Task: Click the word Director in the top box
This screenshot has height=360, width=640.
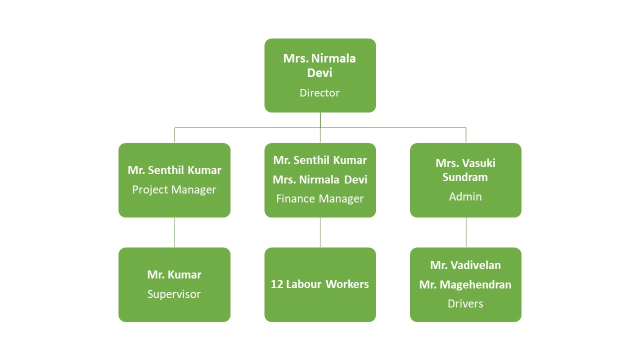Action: pos(319,93)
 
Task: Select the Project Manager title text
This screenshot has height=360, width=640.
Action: pos(174,190)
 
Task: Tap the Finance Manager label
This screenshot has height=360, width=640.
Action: pos(320,199)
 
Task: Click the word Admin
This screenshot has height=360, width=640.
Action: pos(465,196)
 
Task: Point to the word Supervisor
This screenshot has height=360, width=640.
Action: pos(174,294)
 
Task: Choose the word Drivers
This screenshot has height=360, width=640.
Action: pos(465,303)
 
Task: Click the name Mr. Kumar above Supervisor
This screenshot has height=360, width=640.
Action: pos(174,274)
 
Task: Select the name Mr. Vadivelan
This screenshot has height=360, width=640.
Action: pos(465,265)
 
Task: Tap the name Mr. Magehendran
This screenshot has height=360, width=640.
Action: pos(465,284)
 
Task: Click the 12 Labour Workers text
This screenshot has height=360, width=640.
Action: pos(320,284)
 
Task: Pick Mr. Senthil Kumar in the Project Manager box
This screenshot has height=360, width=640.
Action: pos(174,170)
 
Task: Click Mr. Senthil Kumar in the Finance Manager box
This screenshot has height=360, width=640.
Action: pos(320,160)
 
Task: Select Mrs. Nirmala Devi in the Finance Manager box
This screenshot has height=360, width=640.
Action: pos(320,179)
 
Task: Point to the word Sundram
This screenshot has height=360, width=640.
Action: pos(465,177)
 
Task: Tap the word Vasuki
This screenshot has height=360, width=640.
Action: pos(478,163)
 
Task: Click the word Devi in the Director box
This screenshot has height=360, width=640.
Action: pos(319,73)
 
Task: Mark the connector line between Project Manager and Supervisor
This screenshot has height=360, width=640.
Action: pos(174,232)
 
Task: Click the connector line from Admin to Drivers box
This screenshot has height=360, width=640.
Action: pos(466,232)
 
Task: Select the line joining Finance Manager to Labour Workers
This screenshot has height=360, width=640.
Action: pos(320,232)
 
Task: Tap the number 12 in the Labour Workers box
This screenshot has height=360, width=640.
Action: pos(277,284)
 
